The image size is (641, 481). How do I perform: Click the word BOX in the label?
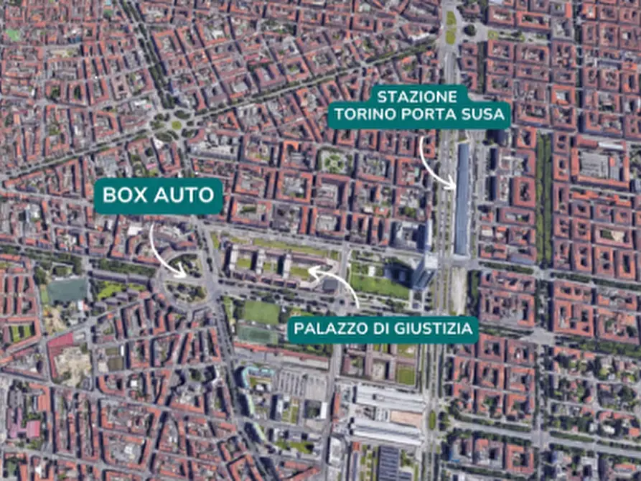(x=127, y=195)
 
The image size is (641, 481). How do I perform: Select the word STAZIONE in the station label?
(x=417, y=96)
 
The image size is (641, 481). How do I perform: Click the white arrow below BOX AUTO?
(x=164, y=251)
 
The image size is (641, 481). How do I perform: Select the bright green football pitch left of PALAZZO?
(x=260, y=312)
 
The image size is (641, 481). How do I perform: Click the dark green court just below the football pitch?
(x=258, y=335)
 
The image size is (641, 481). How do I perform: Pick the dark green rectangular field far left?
(x=67, y=290)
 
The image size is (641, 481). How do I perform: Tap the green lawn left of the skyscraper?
(x=378, y=284)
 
